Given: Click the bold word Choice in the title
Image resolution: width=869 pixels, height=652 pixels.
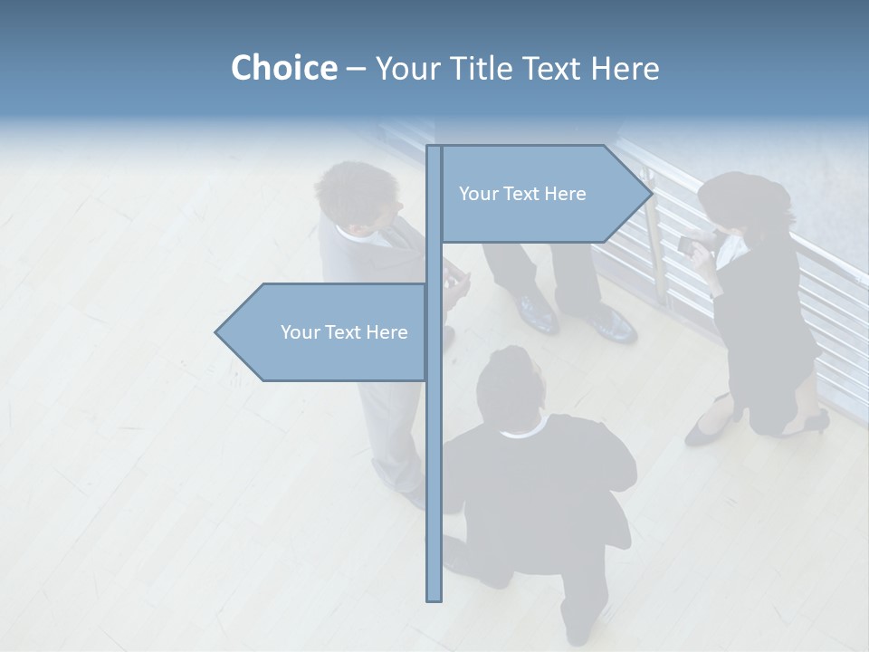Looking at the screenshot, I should coord(283,68).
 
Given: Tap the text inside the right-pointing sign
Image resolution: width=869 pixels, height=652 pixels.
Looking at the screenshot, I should coord(522,194).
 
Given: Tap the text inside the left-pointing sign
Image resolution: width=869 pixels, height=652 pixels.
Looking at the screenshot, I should coord(344,332).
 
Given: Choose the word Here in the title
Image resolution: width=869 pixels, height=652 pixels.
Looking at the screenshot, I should coord(625,68).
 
